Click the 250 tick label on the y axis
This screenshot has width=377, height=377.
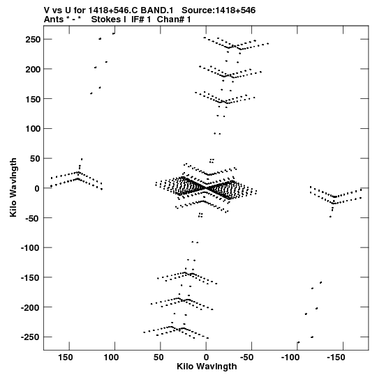click(x=33, y=39)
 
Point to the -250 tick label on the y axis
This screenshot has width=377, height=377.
click(x=31, y=337)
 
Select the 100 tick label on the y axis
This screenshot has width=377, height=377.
click(x=33, y=129)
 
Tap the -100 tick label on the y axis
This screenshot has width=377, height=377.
click(x=31, y=247)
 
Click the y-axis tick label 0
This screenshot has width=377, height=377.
click(x=37, y=188)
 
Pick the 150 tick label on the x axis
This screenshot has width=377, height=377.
click(x=65, y=357)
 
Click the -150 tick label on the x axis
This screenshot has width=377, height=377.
click(x=336, y=357)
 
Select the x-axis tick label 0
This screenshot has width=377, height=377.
click(x=206, y=357)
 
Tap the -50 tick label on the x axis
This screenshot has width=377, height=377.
click(x=247, y=357)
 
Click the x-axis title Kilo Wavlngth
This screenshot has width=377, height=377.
click(x=207, y=367)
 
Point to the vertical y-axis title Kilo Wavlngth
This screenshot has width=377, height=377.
click(x=13, y=187)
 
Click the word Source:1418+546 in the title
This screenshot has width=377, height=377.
click(x=219, y=10)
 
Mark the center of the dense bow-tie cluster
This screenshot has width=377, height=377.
click(x=206, y=188)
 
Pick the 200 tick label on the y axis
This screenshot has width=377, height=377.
click(x=33, y=69)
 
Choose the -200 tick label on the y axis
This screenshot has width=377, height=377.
click(x=31, y=307)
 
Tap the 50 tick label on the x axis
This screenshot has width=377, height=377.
click(x=158, y=357)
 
